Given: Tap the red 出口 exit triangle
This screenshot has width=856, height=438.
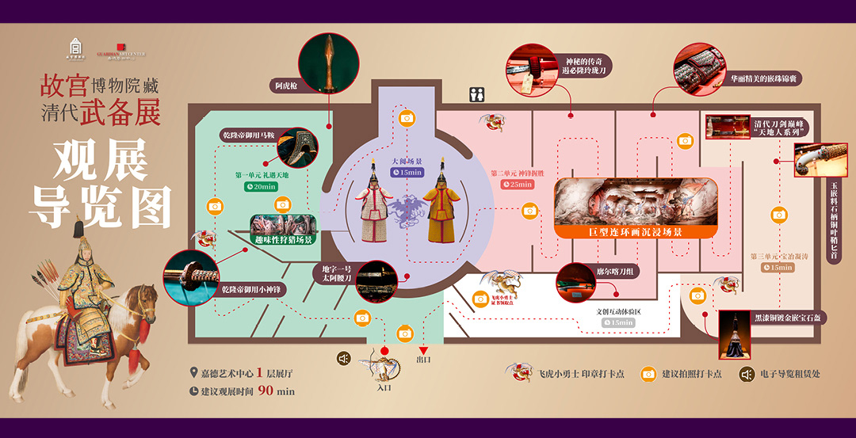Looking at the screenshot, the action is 423,350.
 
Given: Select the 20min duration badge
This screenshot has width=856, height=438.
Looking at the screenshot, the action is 260,187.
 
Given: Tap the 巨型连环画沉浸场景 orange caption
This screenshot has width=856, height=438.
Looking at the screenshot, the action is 636,232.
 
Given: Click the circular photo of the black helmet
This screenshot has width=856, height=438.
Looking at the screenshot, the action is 735,335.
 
